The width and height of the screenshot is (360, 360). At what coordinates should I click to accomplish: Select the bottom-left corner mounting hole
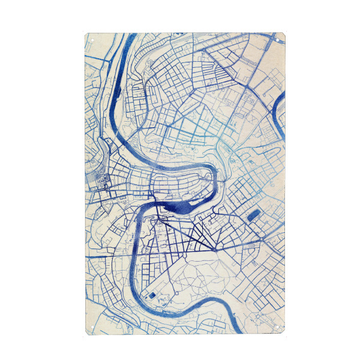[x=89, y=325]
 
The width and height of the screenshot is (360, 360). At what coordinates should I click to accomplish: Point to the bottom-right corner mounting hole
[x=286, y=325]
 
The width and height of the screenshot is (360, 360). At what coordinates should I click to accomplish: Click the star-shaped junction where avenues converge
[x=215, y=248]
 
